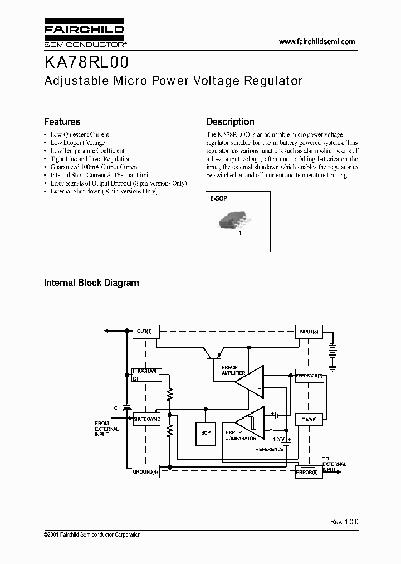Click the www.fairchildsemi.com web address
[x=316, y=42]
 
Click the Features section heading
[x=62, y=121]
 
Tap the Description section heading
[x=230, y=121]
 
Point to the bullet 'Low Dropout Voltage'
[x=77, y=143]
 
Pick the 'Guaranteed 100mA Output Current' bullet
[x=94, y=167]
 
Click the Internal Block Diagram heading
[x=91, y=283]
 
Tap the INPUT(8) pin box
[x=309, y=332]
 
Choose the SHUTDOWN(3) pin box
[x=146, y=419]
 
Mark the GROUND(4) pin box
[x=145, y=472]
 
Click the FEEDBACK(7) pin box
[x=309, y=376]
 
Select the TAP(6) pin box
[x=309, y=419]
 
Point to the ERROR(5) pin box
[x=309, y=473]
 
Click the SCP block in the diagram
[x=206, y=432]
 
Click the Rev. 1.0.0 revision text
[x=344, y=522]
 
